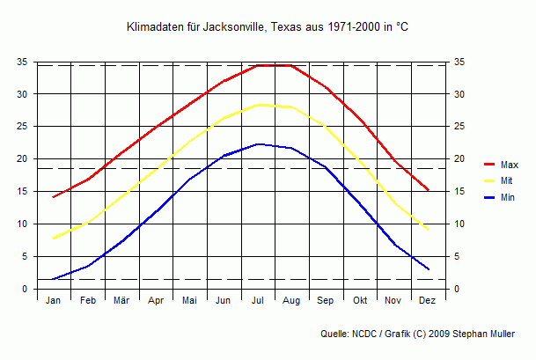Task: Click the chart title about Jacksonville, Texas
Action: tap(268, 28)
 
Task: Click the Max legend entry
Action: tap(509, 165)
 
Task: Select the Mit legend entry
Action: tap(505, 180)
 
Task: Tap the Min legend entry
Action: tap(507, 197)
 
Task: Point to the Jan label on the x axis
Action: tap(54, 301)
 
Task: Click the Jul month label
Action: tap(258, 301)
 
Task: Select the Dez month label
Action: tap(428, 301)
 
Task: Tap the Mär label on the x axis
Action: tap(121, 301)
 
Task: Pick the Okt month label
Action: tap(360, 301)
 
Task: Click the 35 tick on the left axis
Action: tap(23, 62)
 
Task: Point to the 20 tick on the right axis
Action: tap(458, 159)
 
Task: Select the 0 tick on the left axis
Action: tap(26, 289)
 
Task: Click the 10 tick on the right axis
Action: tap(458, 224)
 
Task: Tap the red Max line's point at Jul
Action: tap(258, 65)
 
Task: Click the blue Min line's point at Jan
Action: tap(54, 279)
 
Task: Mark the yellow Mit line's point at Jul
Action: tap(258, 105)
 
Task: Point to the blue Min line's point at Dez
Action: tap(428, 269)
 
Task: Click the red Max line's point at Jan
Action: tap(54, 197)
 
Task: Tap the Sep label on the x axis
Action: tap(326, 301)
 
